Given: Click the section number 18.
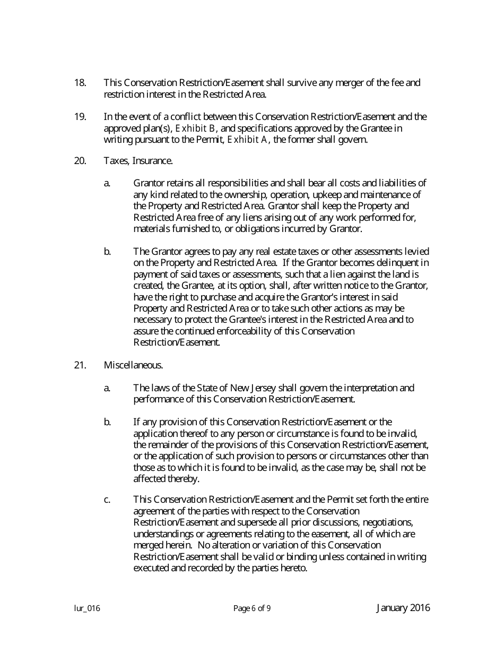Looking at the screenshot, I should click(80, 83).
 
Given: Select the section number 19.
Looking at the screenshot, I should click(80, 117).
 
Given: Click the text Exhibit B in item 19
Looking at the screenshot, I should click(195, 128).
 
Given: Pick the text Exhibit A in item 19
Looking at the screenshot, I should click(247, 140).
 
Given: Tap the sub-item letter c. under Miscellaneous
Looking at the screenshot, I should click(107, 500).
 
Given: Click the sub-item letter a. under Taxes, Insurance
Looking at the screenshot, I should click(107, 183).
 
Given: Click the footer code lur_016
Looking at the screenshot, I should click(87, 609).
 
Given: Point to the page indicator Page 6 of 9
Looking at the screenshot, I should click(252, 609).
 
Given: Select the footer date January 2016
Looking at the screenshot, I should click(403, 608).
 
